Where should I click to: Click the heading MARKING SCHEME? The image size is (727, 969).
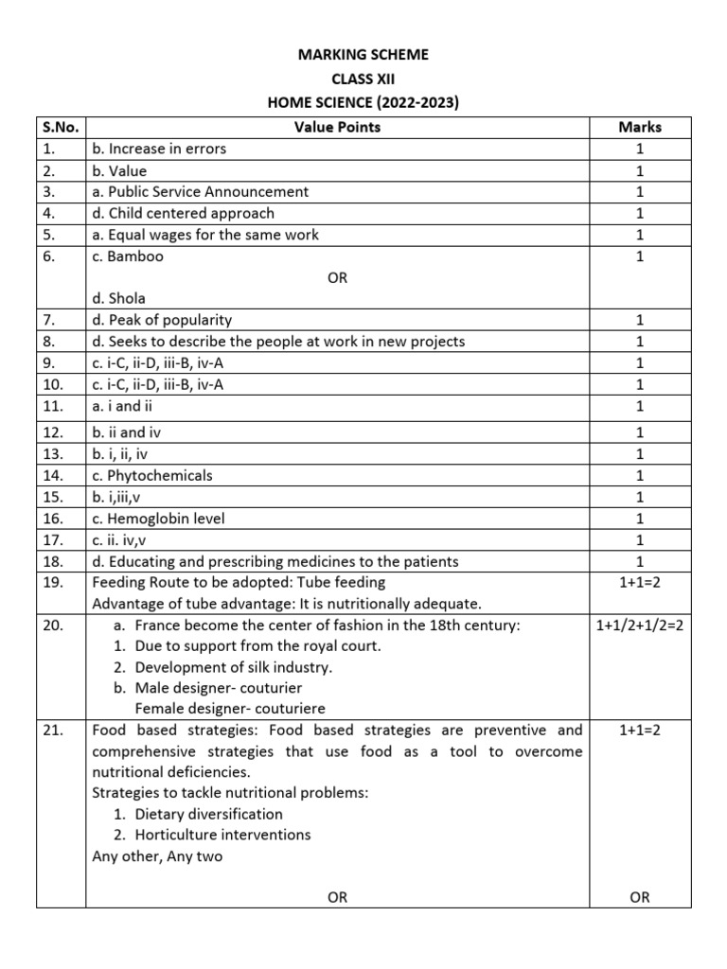[363, 56]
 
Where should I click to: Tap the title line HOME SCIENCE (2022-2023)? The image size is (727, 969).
[363, 103]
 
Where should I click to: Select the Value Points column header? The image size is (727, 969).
[337, 127]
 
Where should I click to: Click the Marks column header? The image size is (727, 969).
[639, 127]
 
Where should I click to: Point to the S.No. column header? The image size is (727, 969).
[62, 127]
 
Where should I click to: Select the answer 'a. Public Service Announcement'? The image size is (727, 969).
[200, 191]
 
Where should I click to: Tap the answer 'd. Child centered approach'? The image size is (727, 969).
[183, 213]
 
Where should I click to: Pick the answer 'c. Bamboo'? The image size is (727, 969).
[128, 255]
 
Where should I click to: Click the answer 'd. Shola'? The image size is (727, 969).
[118, 298]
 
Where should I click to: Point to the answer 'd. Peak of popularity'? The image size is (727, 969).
[162, 320]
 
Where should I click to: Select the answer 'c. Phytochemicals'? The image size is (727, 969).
[152, 475]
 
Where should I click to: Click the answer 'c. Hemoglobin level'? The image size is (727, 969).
[158, 519]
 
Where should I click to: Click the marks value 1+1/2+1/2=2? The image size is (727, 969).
[639, 625]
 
